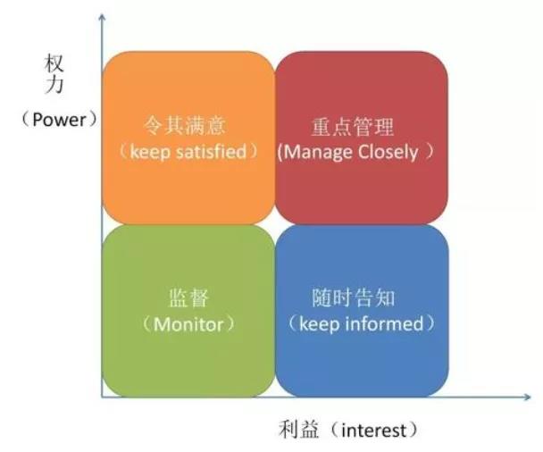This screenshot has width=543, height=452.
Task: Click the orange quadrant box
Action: point(188,138)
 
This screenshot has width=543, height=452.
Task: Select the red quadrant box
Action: point(361,138)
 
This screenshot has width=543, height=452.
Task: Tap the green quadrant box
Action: point(188,311)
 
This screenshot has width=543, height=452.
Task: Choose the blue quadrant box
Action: point(362,311)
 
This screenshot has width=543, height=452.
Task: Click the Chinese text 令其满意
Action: point(185,125)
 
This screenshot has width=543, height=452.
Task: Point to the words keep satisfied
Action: point(188,152)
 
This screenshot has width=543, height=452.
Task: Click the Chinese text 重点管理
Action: point(353,127)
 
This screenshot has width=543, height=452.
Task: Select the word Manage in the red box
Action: point(318,153)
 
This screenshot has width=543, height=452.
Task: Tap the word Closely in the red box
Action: point(388,153)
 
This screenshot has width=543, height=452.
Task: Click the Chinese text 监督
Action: point(188,298)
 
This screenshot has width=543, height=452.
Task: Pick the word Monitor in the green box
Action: point(188,324)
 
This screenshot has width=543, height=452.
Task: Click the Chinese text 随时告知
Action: point(354,297)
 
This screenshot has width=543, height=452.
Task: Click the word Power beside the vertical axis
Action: point(59,120)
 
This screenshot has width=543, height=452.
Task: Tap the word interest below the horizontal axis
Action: point(373,431)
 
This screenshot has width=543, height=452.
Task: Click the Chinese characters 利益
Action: point(298,430)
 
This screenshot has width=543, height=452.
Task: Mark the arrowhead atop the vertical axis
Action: point(102,17)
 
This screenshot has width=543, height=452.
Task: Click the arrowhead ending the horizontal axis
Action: point(527,397)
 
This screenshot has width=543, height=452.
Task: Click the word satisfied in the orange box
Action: point(212,152)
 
